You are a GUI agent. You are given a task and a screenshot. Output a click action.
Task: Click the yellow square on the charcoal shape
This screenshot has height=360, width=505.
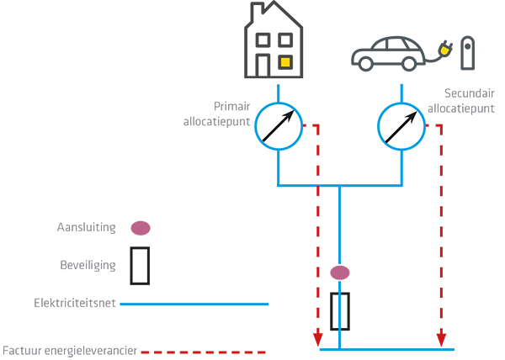[x=286, y=61]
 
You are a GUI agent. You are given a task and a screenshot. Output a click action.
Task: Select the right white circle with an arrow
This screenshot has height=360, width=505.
[x=400, y=127]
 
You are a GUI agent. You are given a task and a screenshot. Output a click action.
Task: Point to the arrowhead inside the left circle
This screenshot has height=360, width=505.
[x=290, y=114]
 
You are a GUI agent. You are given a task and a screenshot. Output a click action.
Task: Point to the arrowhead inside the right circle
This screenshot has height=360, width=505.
[x=414, y=114]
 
